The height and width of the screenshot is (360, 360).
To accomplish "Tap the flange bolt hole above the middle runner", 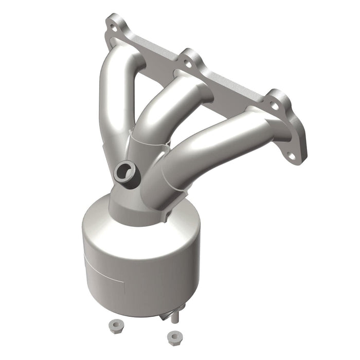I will [x=187, y=64].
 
